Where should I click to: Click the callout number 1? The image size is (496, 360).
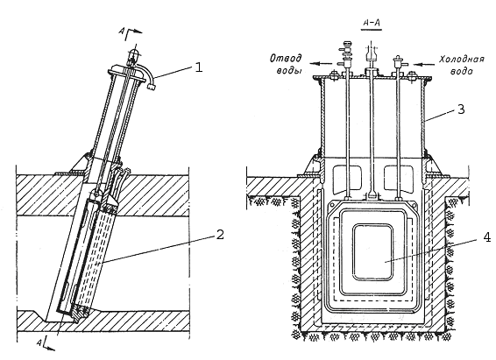tap(198, 67)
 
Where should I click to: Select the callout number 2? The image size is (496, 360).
tap(220, 235)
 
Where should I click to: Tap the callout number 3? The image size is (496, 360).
tap(461, 109)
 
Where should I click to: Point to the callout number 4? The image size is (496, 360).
tap(487, 237)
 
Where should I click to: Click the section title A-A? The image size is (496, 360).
tap(372, 23)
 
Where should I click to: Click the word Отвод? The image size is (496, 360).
tap(286, 58)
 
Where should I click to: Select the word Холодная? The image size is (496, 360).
tap(462, 60)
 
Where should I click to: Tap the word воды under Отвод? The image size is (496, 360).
tap(289, 70)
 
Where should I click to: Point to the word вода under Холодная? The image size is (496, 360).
tap(462, 71)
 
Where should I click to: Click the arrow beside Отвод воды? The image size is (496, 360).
tap(321, 64)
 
